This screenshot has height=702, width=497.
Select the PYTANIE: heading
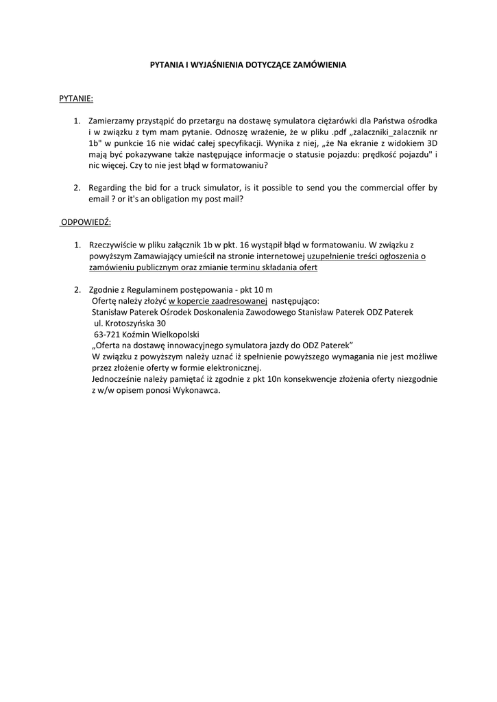click(x=76, y=99)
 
